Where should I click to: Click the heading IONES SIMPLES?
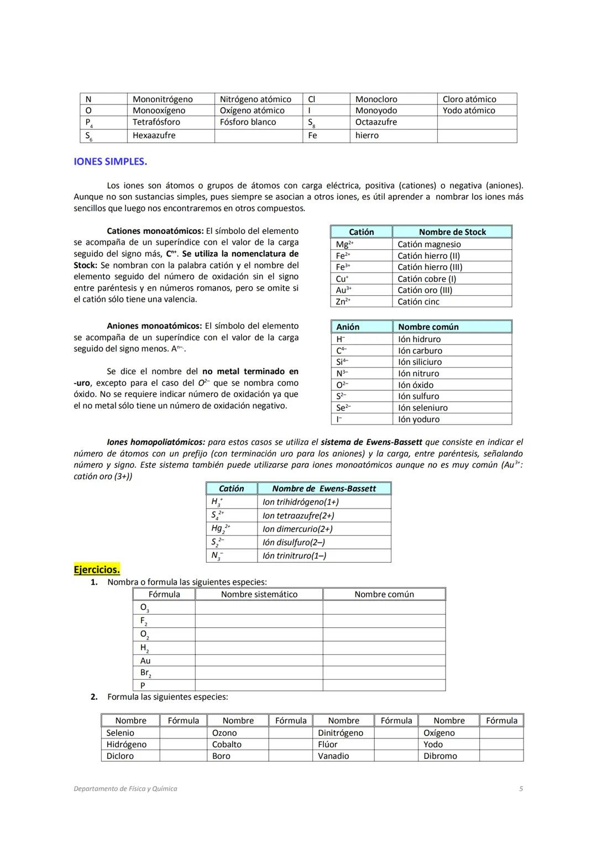[x=110, y=161]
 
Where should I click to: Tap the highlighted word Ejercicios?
[x=97, y=569]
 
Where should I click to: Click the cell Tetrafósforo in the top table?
[x=156, y=122]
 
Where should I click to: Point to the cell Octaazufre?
[x=376, y=122]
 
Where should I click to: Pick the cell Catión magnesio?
[x=429, y=244]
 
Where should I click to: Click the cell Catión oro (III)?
[x=425, y=290]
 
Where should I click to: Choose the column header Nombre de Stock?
[x=452, y=232]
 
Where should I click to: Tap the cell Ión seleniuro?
[x=423, y=408]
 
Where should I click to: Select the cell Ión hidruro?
[x=419, y=339]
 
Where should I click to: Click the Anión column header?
[x=348, y=327]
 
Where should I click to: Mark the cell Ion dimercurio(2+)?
[x=297, y=529]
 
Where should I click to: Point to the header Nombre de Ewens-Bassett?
[x=324, y=489]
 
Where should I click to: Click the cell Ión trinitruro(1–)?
[x=294, y=556]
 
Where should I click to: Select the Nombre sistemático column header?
[x=259, y=594]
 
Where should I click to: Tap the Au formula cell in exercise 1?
[x=145, y=661]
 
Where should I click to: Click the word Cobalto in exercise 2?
[x=227, y=745]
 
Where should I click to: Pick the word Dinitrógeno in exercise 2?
[x=341, y=733]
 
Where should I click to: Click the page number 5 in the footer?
[x=521, y=789]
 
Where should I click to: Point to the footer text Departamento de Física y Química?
[x=125, y=789]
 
